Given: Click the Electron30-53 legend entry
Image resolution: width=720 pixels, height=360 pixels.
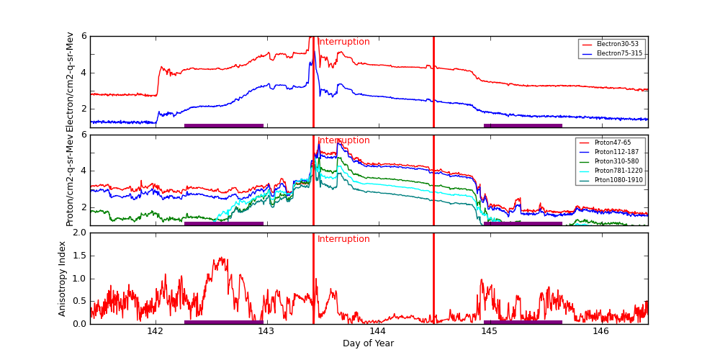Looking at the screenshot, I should (x=617, y=45).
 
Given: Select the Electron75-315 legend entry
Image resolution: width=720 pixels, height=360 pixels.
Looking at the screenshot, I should (x=618, y=53).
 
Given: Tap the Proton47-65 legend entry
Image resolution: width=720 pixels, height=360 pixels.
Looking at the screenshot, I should (x=613, y=143).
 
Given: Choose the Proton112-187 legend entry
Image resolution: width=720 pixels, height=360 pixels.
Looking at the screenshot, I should (x=616, y=152).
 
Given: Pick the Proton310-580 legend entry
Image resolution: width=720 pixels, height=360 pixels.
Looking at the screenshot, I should (x=616, y=161).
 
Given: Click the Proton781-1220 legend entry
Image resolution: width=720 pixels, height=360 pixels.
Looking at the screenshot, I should (x=618, y=171).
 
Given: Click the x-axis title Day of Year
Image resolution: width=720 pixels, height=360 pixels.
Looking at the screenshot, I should (x=368, y=343).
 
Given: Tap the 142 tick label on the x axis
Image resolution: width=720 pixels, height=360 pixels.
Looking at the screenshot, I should (x=155, y=331).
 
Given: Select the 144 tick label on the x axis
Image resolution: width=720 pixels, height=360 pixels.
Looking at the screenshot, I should (x=377, y=331).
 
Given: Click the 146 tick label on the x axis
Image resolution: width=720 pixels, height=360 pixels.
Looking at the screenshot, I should (x=600, y=331).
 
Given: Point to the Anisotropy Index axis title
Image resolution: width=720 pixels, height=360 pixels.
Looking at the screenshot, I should (x=63, y=279).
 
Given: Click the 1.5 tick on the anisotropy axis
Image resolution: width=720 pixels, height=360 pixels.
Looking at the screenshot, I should (x=78, y=256).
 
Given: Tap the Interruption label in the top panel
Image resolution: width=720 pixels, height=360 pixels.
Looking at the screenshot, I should (x=343, y=42).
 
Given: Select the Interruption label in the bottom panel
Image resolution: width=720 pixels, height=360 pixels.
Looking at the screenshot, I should (x=343, y=239).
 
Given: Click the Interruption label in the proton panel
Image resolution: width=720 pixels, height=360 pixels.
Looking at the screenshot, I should (x=343, y=140).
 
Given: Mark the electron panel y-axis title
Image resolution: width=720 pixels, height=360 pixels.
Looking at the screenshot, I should (x=70, y=82).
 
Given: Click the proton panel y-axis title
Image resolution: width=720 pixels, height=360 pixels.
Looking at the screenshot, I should (x=70, y=180).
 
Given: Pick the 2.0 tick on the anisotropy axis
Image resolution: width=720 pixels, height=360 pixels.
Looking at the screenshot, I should (x=78, y=233).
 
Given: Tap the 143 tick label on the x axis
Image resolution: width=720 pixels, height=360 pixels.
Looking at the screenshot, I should (x=266, y=331).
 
